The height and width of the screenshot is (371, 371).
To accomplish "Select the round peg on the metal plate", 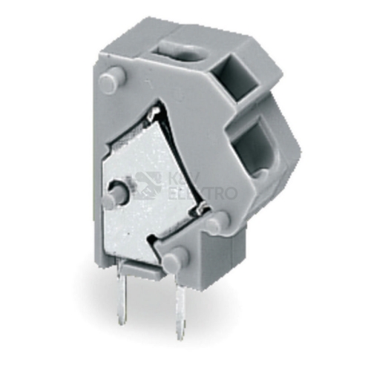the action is point(116,193).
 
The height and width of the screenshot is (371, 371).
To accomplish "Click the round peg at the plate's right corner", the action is point(217,221).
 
